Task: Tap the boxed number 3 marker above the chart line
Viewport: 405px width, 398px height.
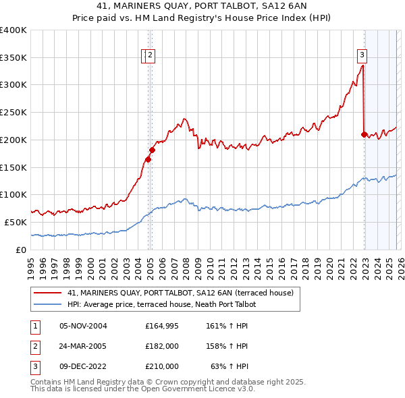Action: coord(362,55)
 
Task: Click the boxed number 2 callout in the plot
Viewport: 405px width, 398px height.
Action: coord(150,57)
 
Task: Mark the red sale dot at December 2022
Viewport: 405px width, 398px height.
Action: coord(364,134)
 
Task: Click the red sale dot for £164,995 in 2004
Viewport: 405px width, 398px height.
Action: coord(148,159)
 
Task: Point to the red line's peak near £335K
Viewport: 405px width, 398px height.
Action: coord(362,65)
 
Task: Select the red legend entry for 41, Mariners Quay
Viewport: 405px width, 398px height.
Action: coord(180,293)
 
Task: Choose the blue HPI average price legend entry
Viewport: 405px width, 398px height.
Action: coord(162,305)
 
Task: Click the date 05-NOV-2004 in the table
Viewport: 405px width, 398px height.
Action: coord(84,326)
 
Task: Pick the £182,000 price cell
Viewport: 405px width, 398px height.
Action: coord(162,346)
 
